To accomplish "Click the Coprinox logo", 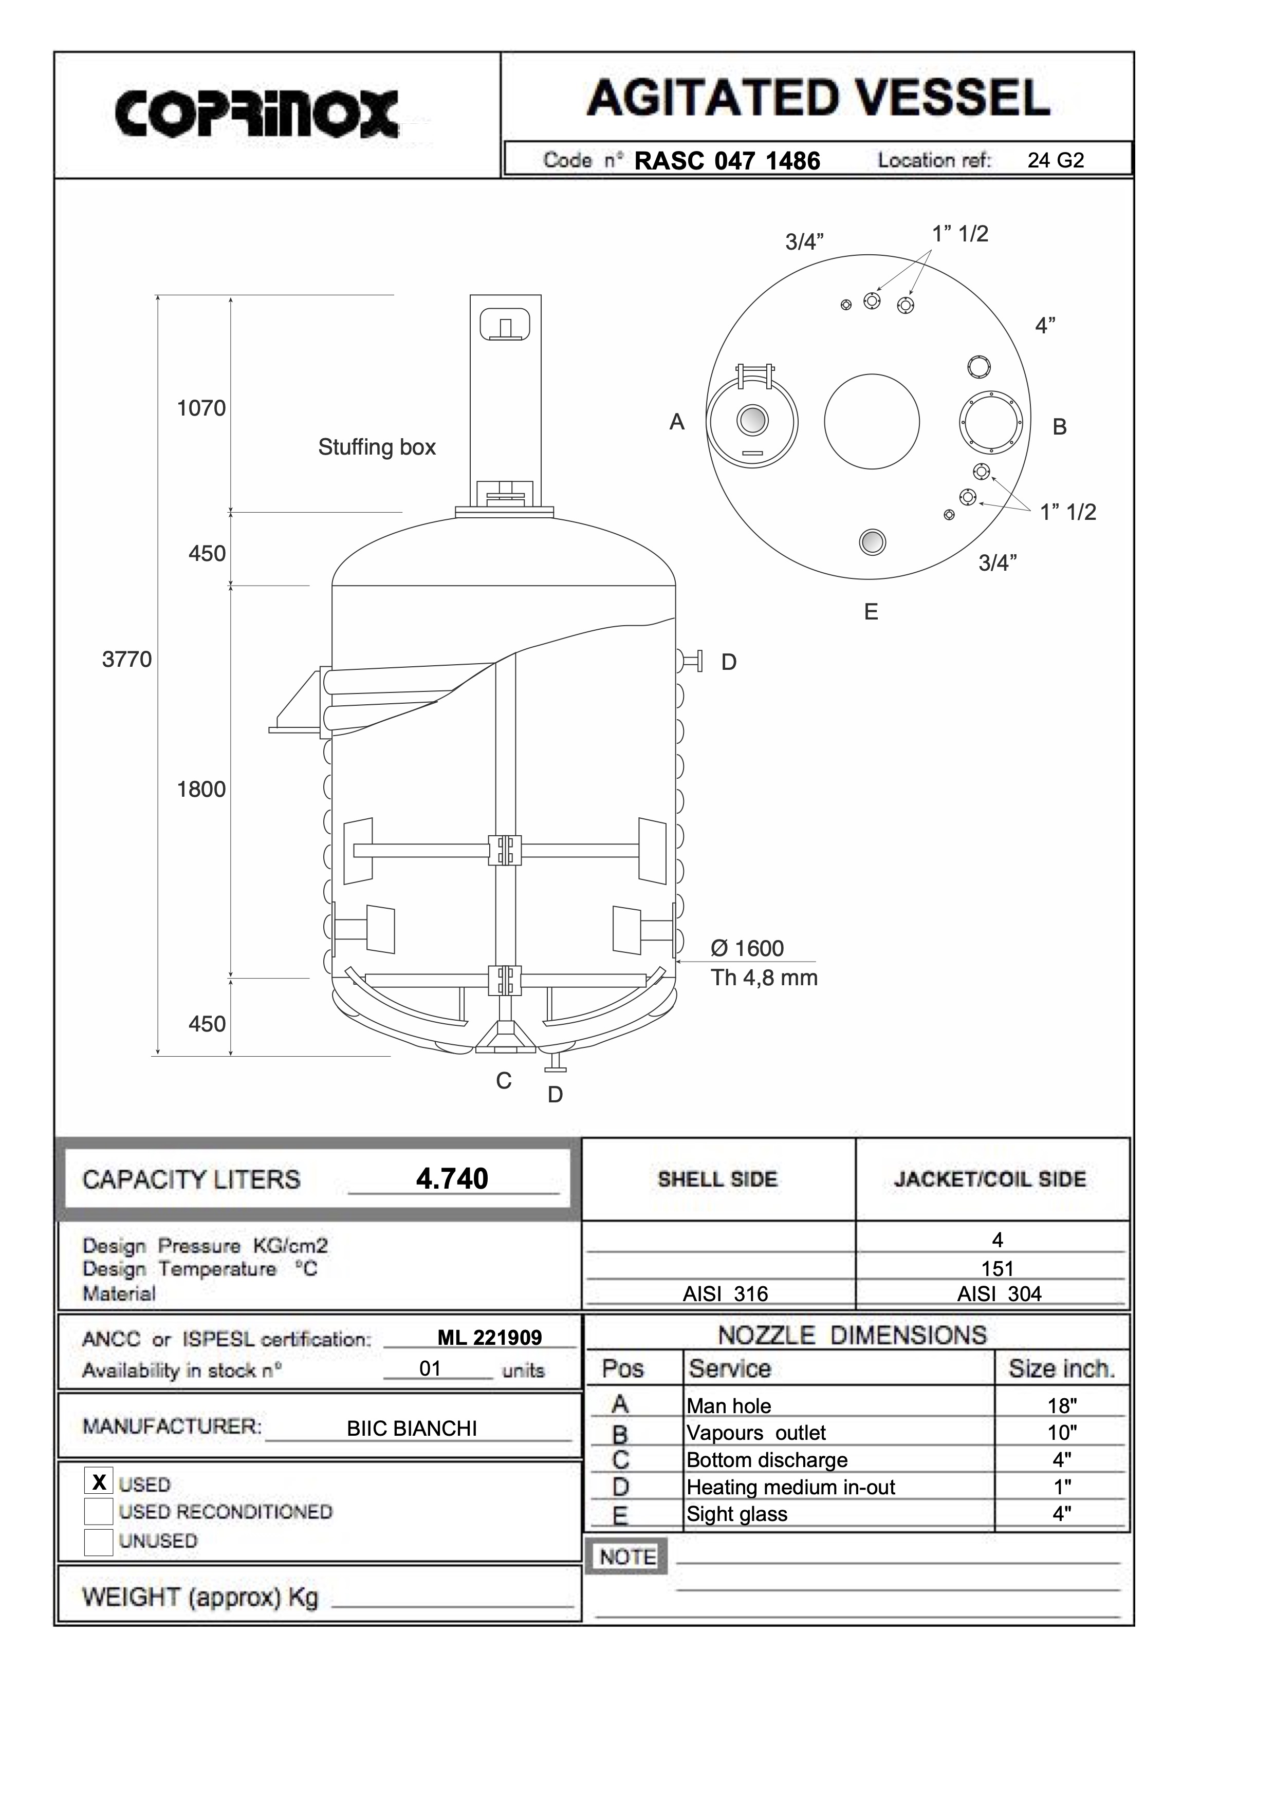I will [256, 115].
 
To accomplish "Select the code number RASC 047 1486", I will [727, 161].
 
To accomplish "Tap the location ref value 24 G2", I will [1055, 161].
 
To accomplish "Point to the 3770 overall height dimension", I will [126, 659].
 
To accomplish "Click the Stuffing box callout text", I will [377, 447].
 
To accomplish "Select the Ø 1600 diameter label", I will [747, 949].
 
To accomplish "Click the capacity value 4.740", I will [452, 1179].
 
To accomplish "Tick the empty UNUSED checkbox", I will [99, 1542].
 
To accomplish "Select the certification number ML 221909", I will [489, 1337].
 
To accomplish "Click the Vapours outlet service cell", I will [756, 1433].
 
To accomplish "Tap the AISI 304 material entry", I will [999, 1294].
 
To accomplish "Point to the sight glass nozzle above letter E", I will [872, 541].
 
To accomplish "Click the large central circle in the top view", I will [871, 421].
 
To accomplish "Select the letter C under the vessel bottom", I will [504, 1081].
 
